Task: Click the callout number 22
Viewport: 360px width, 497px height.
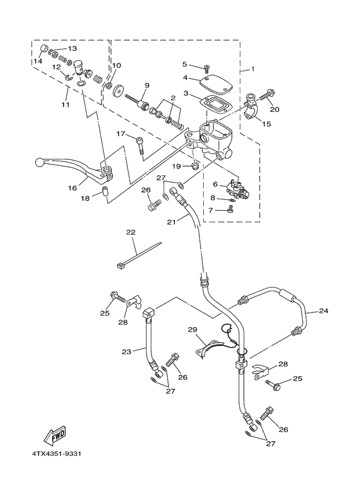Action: pyautogui.click(x=130, y=232)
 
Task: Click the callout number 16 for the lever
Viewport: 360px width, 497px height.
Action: pyautogui.click(x=73, y=188)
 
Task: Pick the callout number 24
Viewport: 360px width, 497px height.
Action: pyautogui.click(x=323, y=311)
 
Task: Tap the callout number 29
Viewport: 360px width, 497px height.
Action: pyautogui.click(x=191, y=330)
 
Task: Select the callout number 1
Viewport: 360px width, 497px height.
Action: pyautogui.click(x=253, y=69)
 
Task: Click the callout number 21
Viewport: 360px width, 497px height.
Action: pyautogui.click(x=171, y=222)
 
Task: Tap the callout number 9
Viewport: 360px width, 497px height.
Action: pyautogui.click(x=147, y=86)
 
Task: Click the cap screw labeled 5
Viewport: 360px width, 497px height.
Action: pyautogui.click(x=206, y=68)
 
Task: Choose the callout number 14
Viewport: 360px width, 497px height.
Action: pyautogui.click(x=38, y=61)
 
